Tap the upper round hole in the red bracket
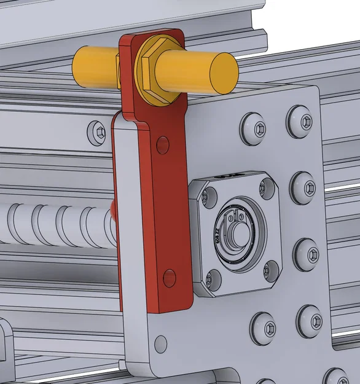[163, 145]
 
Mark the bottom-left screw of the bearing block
[211, 278]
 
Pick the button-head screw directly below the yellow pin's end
[253, 128]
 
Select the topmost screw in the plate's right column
[299, 121]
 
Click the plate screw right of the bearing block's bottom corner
[306, 253]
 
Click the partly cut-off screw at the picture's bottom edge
[336, 377]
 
